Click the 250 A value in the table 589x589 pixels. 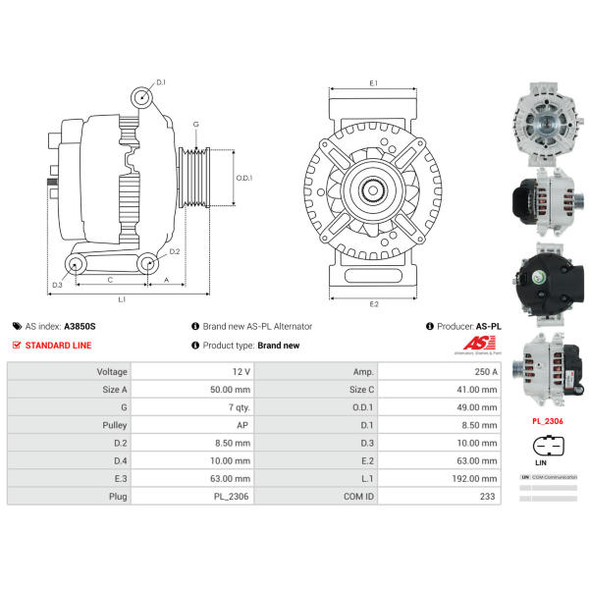485,372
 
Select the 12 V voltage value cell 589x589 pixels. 240,372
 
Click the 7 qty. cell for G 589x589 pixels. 237,407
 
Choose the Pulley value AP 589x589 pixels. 242,425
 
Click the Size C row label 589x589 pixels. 359,390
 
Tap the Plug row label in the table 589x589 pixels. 118,497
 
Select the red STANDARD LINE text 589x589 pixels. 60,346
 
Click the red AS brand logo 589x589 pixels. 478,344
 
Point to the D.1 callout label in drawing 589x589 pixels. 162,82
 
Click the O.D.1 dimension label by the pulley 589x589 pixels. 244,178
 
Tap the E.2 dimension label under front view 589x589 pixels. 374,304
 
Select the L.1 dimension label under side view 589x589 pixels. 122,297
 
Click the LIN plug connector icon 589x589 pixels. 541,444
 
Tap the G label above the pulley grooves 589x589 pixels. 196,124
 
